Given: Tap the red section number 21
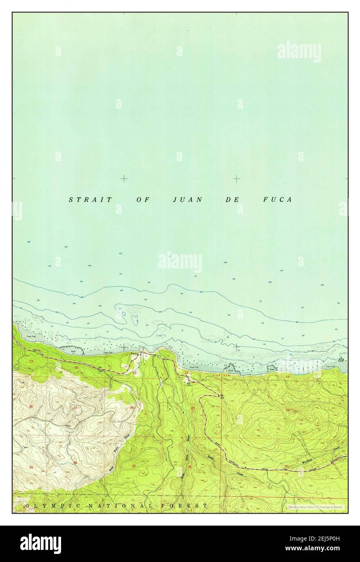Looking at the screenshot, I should (x=32, y=360).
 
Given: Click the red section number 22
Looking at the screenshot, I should (x=76, y=367).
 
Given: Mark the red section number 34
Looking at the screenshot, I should (x=76, y=463).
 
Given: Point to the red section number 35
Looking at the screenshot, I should (x=133, y=466).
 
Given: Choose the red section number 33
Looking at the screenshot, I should (x=31, y=467).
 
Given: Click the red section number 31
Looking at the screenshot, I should (x=287, y=466).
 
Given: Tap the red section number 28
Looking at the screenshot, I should (x=31, y=406).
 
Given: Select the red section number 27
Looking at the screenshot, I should (x=75, y=408).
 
